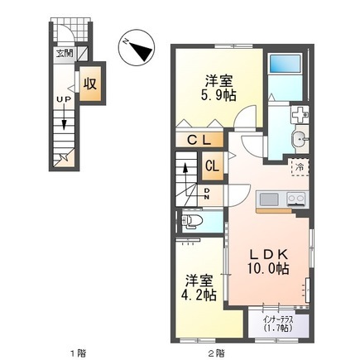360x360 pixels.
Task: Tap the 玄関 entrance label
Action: point(63,54)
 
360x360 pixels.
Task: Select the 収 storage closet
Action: point(92,84)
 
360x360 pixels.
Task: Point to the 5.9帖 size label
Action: point(218,96)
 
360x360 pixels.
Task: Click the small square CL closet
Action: point(211,166)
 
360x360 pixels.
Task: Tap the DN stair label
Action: point(206,194)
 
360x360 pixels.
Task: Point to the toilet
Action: point(193,221)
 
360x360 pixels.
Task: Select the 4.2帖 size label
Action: point(200,295)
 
